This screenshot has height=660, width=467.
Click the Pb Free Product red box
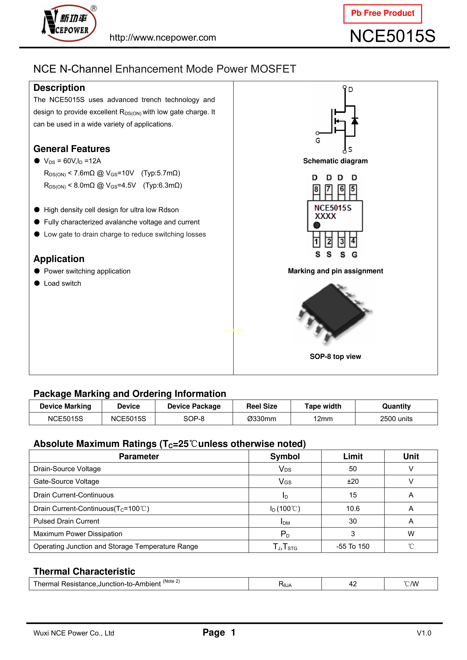pyautogui.click(x=382, y=14)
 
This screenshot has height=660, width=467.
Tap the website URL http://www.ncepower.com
pyautogui.click(x=163, y=38)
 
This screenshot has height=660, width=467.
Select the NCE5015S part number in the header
pyautogui.click(x=392, y=36)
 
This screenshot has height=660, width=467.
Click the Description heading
pyautogui.click(x=59, y=88)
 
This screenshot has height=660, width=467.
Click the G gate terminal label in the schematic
pyautogui.click(x=318, y=141)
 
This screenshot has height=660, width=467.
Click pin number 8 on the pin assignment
pyautogui.click(x=316, y=189)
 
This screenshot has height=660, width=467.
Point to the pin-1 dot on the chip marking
pyautogui.click(x=317, y=225)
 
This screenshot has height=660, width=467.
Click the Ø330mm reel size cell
pyautogui.click(x=262, y=419)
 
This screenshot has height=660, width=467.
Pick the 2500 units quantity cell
pyautogui.click(x=396, y=419)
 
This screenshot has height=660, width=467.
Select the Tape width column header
pyautogui.click(x=323, y=406)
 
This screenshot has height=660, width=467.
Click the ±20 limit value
pyautogui.click(x=353, y=482)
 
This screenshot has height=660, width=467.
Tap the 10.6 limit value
pyautogui.click(x=353, y=509)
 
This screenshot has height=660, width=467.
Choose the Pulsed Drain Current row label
pyautogui.click(x=66, y=521)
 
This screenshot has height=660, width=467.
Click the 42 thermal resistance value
pyautogui.click(x=353, y=584)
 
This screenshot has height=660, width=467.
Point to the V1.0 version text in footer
pyautogui.click(x=424, y=633)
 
